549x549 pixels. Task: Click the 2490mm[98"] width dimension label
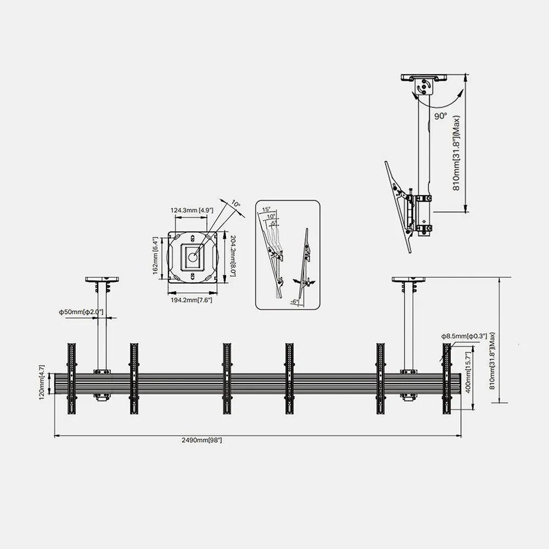click(x=201, y=440)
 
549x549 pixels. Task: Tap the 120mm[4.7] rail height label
click(x=42, y=382)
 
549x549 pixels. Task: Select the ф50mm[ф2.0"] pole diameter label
click(x=81, y=312)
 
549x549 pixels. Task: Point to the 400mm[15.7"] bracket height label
click(x=468, y=373)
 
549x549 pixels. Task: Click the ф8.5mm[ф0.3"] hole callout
click(x=464, y=337)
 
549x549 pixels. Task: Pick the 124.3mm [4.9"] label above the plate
click(x=192, y=210)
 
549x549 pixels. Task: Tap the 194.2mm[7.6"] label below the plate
click(x=191, y=300)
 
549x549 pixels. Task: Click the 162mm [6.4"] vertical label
click(x=155, y=256)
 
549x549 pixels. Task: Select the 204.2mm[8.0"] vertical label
click(x=233, y=256)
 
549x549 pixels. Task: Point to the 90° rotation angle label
click(x=441, y=116)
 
